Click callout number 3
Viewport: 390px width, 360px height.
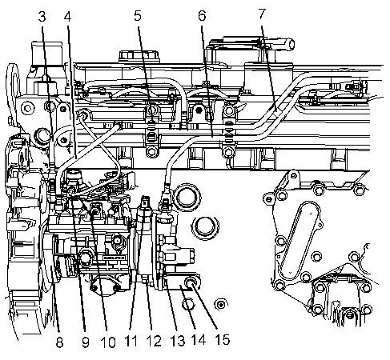click(x=42, y=17)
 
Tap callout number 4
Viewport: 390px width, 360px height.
click(x=68, y=17)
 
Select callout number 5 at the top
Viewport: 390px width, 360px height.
click(x=138, y=16)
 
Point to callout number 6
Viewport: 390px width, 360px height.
click(x=202, y=15)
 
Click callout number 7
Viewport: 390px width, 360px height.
click(x=262, y=14)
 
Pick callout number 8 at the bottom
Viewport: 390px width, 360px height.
click(x=59, y=342)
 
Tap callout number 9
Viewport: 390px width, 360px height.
click(x=86, y=342)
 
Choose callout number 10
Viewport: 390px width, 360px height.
click(x=108, y=342)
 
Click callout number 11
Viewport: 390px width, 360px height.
click(x=131, y=341)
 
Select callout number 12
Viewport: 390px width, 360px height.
click(x=154, y=341)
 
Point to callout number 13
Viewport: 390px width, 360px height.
click(x=177, y=341)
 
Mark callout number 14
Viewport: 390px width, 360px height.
click(x=199, y=340)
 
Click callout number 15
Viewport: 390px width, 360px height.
click(x=222, y=339)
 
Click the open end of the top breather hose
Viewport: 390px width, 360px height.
click(x=291, y=43)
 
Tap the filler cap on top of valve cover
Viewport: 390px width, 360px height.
click(x=139, y=55)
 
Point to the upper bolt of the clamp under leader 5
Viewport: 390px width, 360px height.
click(x=151, y=110)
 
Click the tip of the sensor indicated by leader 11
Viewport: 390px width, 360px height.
click(x=145, y=198)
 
